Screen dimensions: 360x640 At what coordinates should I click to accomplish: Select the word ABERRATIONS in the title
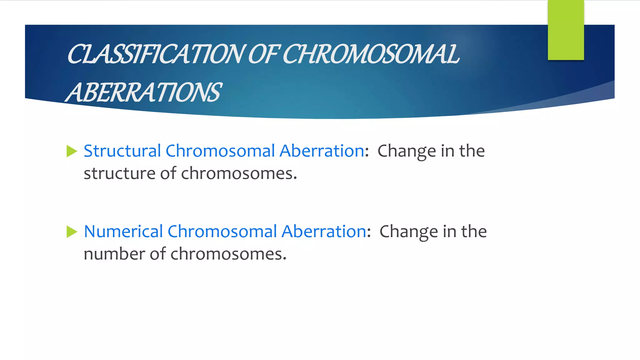[144, 92]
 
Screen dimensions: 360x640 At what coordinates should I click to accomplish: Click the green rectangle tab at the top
[566, 30]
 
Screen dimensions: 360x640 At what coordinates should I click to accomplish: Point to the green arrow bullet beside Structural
[72, 152]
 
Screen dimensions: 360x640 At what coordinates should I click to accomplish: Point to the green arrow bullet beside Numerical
[72, 232]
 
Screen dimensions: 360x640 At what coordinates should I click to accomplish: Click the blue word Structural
[122, 151]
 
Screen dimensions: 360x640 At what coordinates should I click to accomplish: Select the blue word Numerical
[123, 232]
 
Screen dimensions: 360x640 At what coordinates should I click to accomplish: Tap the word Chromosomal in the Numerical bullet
[222, 232]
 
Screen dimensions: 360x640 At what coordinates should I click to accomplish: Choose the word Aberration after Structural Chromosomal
[322, 151]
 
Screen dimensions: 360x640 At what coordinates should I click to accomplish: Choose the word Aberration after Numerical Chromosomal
[324, 232]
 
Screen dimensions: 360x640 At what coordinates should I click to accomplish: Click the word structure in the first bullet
[119, 173]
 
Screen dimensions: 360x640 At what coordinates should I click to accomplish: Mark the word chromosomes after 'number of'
[227, 254]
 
